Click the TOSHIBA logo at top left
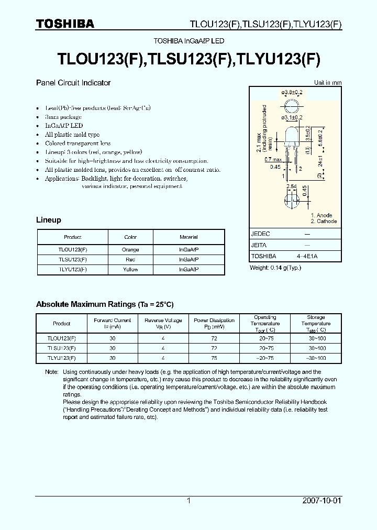click(x=65, y=24)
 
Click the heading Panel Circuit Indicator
click(x=73, y=83)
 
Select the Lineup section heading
click(x=48, y=220)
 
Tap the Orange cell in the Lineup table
click(x=130, y=250)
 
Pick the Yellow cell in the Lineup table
click(x=130, y=270)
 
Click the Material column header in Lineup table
click(x=188, y=237)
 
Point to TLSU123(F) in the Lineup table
click(x=73, y=260)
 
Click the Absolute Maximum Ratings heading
click(x=105, y=304)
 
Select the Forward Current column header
click(x=113, y=324)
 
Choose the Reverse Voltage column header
click(x=163, y=324)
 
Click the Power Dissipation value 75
click(x=214, y=358)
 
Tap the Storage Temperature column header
click(x=316, y=324)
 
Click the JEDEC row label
click(x=261, y=234)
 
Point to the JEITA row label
click(x=259, y=245)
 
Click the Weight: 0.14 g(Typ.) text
click(x=275, y=268)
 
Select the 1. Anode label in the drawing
click(x=321, y=215)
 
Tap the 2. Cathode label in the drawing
click(x=324, y=222)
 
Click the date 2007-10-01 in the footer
click(x=321, y=501)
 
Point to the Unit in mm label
click(x=328, y=83)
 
